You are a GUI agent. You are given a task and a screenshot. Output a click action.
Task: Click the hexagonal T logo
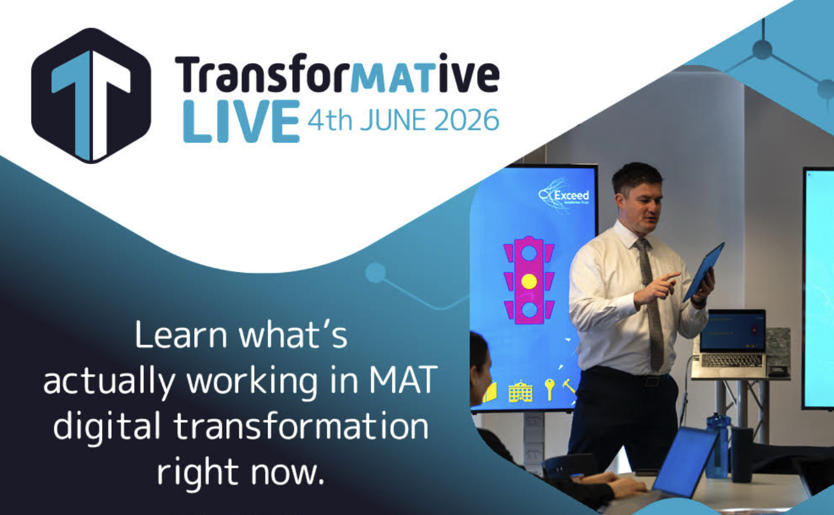(91, 95)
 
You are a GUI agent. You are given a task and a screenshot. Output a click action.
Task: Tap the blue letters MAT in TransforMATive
(394, 77)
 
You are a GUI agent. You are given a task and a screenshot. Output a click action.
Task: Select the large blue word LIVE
(242, 121)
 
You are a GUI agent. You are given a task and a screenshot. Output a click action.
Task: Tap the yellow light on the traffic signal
(529, 281)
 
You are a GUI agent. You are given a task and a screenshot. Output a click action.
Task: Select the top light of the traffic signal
(529, 253)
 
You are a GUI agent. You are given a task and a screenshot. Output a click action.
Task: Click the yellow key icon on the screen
(549, 390)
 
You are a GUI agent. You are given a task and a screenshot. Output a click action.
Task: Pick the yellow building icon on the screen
(521, 391)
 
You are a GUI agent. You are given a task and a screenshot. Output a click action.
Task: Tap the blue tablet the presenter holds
(704, 272)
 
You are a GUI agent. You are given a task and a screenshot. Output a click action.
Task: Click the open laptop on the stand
(730, 344)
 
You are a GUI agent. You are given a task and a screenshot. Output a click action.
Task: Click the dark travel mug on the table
(742, 454)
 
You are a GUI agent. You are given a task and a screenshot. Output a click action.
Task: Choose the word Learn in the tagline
(181, 335)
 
